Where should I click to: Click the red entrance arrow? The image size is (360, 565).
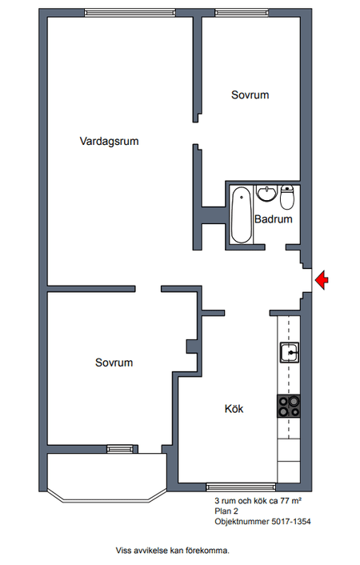click(x=322, y=280)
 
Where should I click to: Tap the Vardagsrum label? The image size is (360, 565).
click(x=109, y=141)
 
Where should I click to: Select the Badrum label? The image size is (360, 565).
click(x=273, y=219)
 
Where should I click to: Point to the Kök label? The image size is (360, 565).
click(x=234, y=409)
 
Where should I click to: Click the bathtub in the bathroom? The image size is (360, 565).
click(x=241, y=214)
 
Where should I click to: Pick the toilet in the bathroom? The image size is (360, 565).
click(x=287, y=197)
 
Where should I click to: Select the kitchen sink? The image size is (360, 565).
click(x=290, y=352)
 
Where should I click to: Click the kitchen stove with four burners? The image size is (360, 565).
click(x=289, y=406)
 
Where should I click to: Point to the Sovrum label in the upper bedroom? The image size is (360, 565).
click(x=250, y=94)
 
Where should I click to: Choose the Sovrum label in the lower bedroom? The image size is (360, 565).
click(x=114, y=363)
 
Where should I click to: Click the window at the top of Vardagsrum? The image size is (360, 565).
click(x=130, y=13)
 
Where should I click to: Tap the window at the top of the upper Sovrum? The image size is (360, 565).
click(x=242, y=13)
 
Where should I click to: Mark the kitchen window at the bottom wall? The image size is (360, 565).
click(x=241, y=487)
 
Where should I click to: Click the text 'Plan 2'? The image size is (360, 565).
click(x=226, y=511)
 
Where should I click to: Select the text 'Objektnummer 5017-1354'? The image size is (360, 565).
click(x=262, y=522)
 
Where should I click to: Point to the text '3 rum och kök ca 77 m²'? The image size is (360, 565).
click(x=258, y=500)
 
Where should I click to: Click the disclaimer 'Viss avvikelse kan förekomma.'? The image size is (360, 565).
click(x=172, y=551)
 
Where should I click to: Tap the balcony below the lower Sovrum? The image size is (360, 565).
click(x=107, y=475)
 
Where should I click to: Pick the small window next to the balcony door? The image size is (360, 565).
click(x=120, y=449)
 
